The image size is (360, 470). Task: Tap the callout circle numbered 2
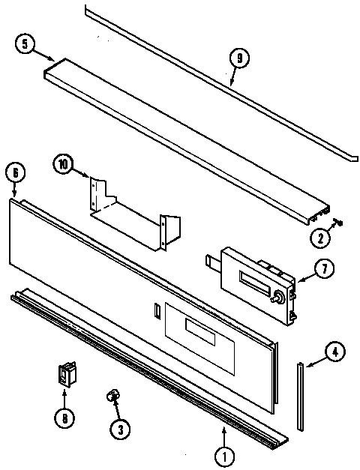click(x=321, y=238)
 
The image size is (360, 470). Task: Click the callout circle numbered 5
click(x=25, y=44)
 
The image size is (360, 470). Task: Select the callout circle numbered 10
click(x=64, y=164)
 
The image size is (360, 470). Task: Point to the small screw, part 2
click(x=337, y=222)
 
